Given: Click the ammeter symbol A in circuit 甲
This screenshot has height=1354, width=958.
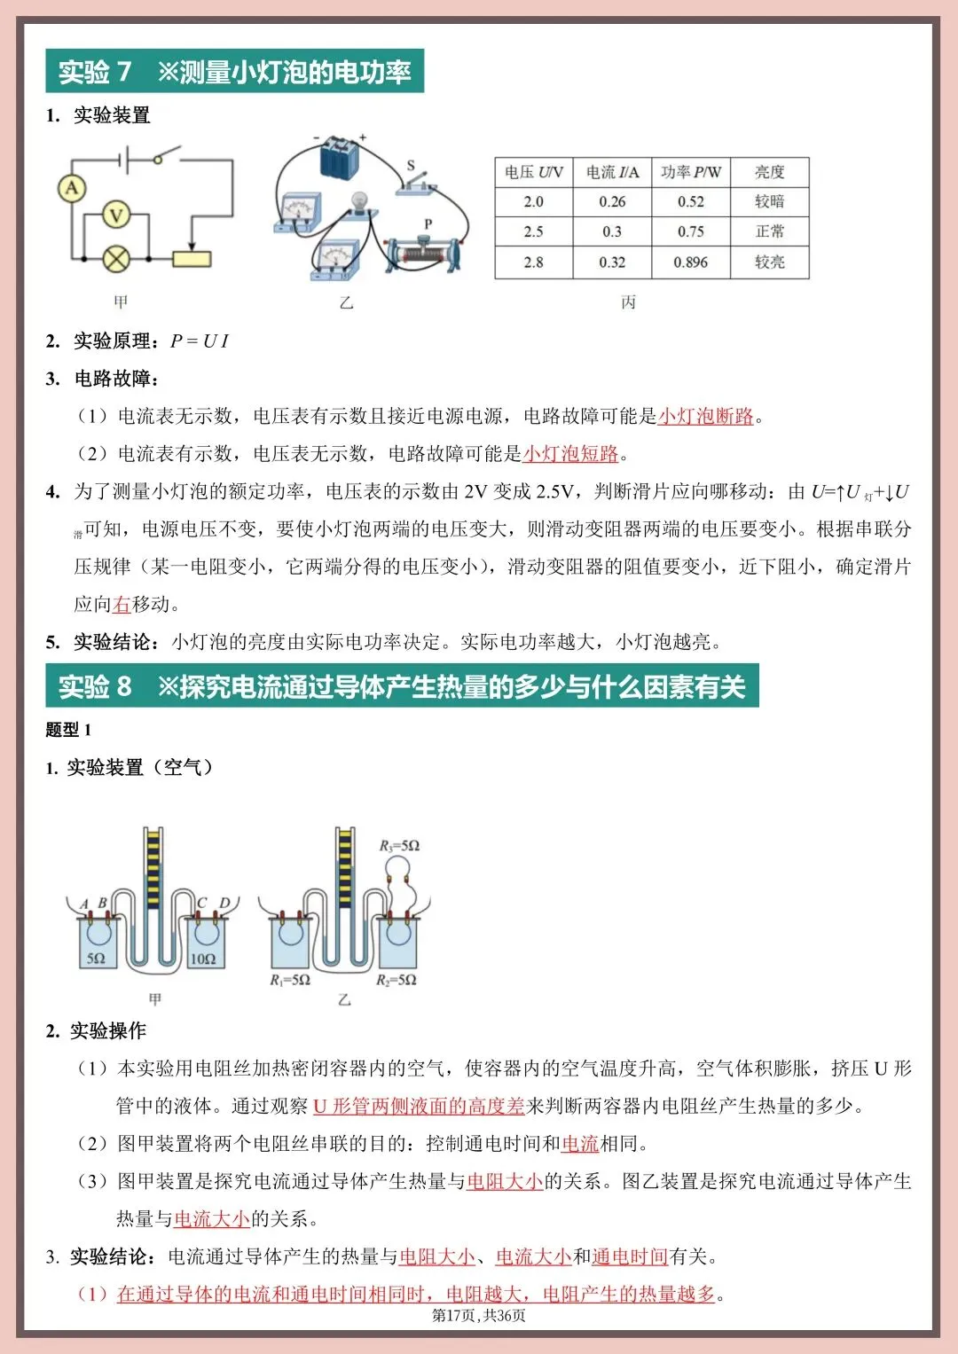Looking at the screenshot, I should point(72,188).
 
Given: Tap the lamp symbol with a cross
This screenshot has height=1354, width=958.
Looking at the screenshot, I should point(116,259).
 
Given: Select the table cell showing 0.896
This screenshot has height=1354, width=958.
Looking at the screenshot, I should point(690,262).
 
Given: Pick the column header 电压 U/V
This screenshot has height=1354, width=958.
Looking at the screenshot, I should point(533,172).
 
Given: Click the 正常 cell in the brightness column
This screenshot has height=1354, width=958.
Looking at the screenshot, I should point(769,231).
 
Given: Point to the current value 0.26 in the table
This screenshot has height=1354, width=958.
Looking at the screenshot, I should point(612,202).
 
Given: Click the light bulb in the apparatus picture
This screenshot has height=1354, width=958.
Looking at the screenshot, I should point(359,202).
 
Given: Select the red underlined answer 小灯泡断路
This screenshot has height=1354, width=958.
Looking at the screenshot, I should point(705,416).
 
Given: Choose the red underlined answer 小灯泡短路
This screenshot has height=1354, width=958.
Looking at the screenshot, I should point(570,454).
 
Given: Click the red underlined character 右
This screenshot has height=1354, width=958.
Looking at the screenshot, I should point(122,605).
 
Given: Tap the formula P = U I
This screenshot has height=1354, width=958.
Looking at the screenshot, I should point(200,341).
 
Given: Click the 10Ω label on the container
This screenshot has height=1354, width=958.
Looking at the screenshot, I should point(203,959).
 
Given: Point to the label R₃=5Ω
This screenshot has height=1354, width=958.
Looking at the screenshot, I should point(399,846).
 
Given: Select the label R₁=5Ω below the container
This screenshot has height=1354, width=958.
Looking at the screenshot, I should point(290,980).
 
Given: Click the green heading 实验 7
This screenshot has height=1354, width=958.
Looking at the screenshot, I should point(95,72).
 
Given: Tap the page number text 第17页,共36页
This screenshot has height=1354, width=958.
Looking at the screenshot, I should point(479,1315).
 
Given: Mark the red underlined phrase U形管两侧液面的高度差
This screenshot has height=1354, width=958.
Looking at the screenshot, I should point(419,1106).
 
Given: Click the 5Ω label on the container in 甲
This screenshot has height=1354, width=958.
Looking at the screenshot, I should point(96,959).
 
